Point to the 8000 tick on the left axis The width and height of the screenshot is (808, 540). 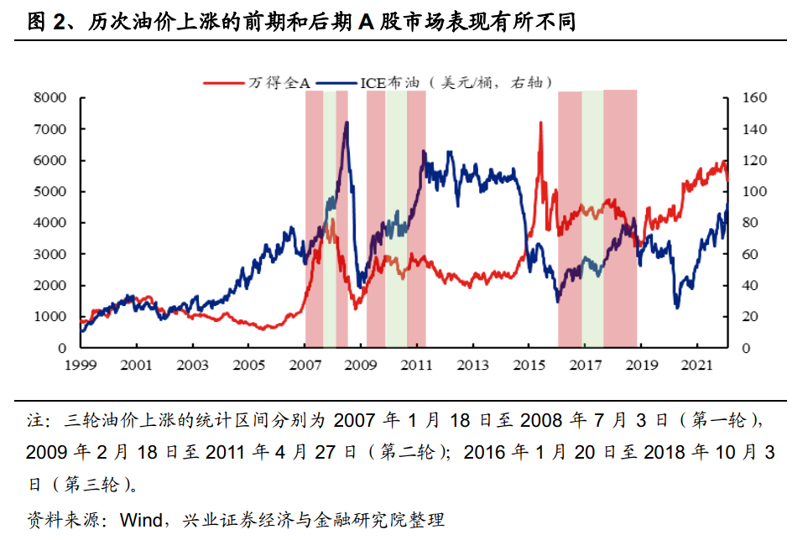click(50, 98)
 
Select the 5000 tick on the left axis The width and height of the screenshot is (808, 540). click(50, 192)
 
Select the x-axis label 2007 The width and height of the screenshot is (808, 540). click(305, 366)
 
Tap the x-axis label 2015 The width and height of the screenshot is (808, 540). click(529, 366)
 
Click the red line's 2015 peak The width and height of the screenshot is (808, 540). click(540, 122)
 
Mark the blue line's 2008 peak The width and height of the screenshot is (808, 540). click(347, 122)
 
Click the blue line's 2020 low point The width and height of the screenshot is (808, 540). click(677, 308)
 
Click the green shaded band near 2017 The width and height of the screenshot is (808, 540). click(592, 218)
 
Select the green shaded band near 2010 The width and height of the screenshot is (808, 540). click(396, 218)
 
